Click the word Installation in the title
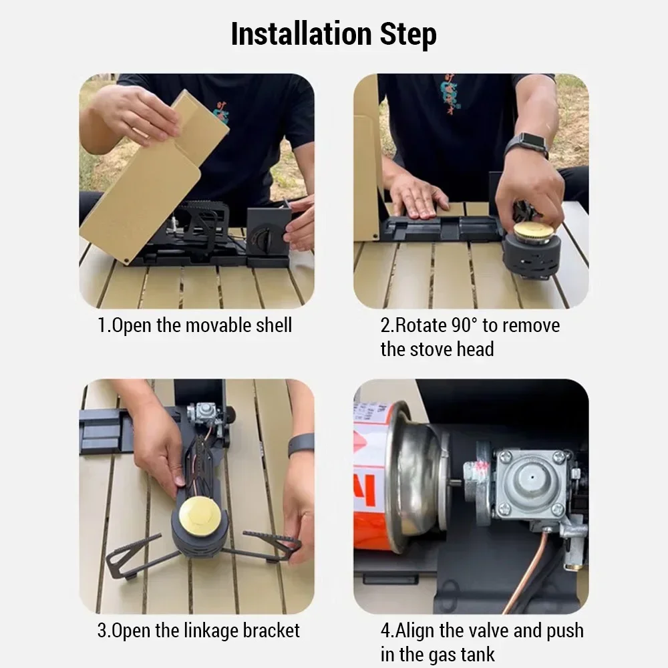click(301, 34)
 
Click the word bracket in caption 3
click(271, 631)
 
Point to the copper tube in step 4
click(532, 571)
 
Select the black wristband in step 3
click(301, 446)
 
